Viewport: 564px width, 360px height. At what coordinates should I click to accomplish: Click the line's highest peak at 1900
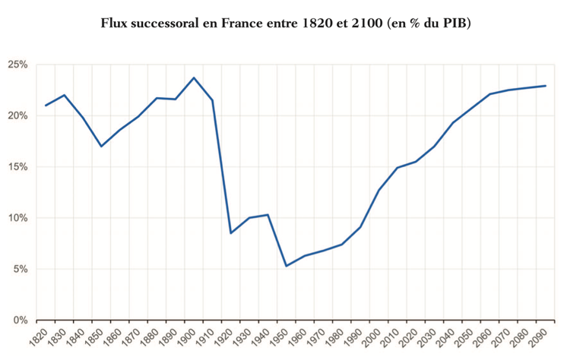194,77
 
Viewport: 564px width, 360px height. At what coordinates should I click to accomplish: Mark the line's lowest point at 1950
287,266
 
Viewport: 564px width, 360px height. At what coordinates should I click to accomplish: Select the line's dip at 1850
101,146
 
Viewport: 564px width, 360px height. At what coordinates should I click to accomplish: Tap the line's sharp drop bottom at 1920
230,232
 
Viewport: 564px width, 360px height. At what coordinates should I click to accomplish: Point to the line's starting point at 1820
46,106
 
